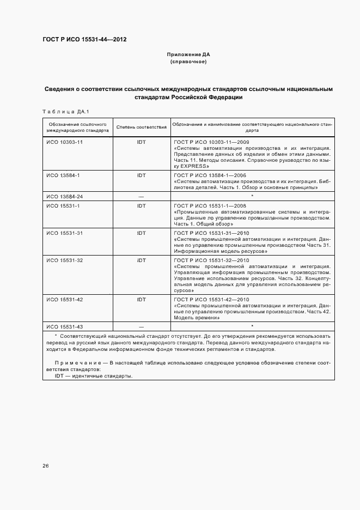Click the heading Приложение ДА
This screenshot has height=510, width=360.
click(188, 55)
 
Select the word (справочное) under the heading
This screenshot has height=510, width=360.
click(188, 62)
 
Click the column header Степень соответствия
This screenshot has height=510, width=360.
click(142, 127)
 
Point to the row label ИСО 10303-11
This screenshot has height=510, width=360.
click(64, 142)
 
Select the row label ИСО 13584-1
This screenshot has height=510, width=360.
click(63, 175)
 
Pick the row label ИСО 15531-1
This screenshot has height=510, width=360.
click(63, 205)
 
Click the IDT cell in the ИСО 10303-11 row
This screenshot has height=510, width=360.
click(142, 142)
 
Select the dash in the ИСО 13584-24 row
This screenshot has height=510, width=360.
click(142, 196)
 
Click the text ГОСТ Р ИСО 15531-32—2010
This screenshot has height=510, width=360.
click(211, 260)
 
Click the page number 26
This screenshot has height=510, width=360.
click(46, 466)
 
